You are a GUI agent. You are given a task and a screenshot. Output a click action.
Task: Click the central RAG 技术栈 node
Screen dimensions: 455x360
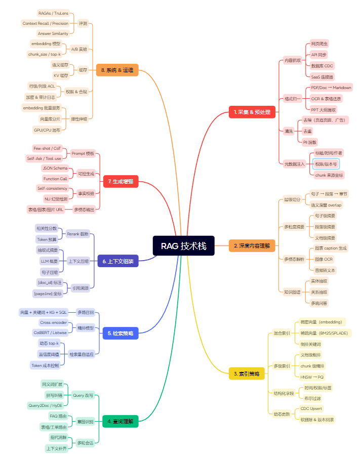click(x=184, y=246)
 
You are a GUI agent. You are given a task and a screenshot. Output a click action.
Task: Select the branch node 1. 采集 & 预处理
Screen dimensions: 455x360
click(x=252, y=112)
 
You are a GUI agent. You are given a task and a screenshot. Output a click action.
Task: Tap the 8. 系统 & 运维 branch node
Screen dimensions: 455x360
click(x=117, y=70)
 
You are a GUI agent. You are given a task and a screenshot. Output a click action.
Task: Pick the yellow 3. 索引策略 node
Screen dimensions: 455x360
click(x=247, y=374)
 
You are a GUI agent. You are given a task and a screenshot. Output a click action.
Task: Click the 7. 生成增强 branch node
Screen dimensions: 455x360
click(x=121, y=181)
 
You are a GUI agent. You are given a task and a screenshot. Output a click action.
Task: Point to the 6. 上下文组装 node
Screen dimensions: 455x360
click(x=117, y=261)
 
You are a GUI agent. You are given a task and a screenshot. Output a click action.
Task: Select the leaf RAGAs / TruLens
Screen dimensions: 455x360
click(x=53, y=13)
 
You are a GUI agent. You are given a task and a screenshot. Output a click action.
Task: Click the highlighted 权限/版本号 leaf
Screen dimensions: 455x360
click(x=326, y=164)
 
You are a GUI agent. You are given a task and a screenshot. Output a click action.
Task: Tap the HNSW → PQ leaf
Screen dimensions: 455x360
click(x=312, y=377)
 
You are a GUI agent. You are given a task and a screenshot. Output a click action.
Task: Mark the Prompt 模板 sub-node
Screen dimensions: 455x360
click(x=83, y=153)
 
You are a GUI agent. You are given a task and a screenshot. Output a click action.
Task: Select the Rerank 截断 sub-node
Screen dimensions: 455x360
click(x=77, y=234)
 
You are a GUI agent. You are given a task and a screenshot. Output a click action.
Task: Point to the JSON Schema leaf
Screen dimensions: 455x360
click(x=55, y=168)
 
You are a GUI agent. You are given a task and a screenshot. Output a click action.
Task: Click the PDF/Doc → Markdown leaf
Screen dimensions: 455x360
click(x=331, y=88)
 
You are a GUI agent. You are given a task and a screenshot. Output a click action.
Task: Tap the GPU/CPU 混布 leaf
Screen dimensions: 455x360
click(x=47, y=130)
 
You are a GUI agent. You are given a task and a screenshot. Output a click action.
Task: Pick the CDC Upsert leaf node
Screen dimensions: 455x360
click(x=311, y=408)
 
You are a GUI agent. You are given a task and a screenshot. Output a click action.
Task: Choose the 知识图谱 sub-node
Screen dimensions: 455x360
click(x=292, y=292)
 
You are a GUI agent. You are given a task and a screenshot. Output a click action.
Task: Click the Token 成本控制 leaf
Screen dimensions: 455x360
click(x=45, y=365)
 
